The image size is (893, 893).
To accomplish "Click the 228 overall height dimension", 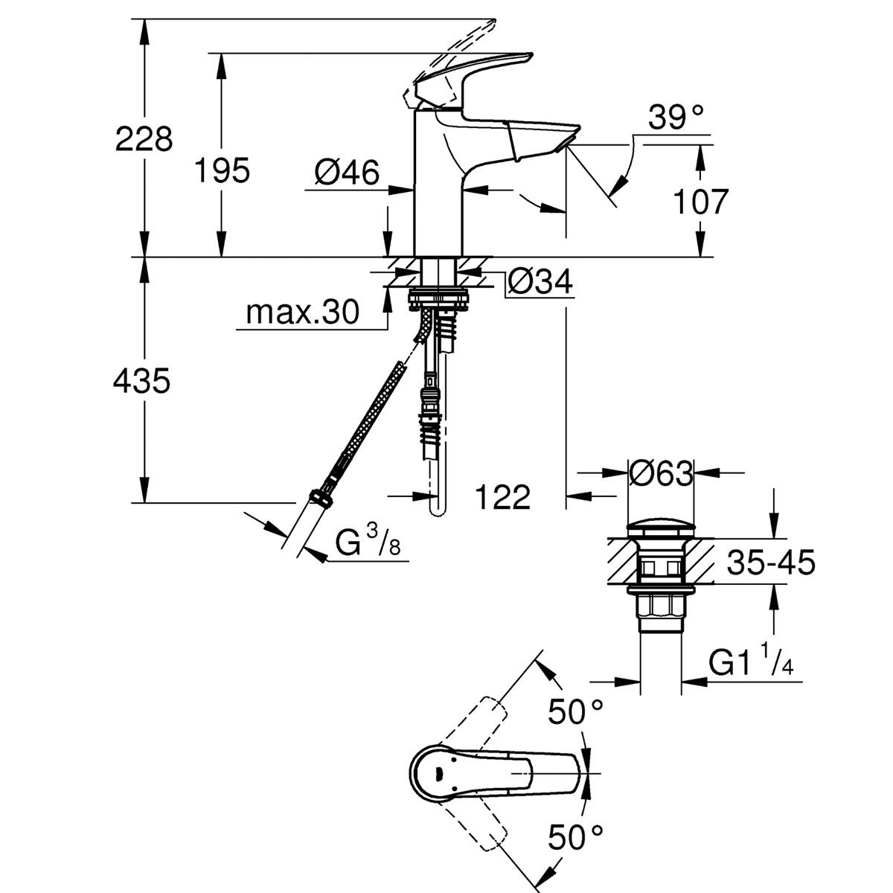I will (x=144, y=138).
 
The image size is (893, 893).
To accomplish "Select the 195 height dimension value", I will (x=222, y=171).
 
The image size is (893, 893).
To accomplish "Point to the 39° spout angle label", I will (x=676, y=118).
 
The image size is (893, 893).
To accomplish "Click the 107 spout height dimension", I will (x=699, y=201).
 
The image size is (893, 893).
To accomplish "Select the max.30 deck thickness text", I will (x=302, y=313).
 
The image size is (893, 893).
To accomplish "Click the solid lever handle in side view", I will (x=476, y=74).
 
